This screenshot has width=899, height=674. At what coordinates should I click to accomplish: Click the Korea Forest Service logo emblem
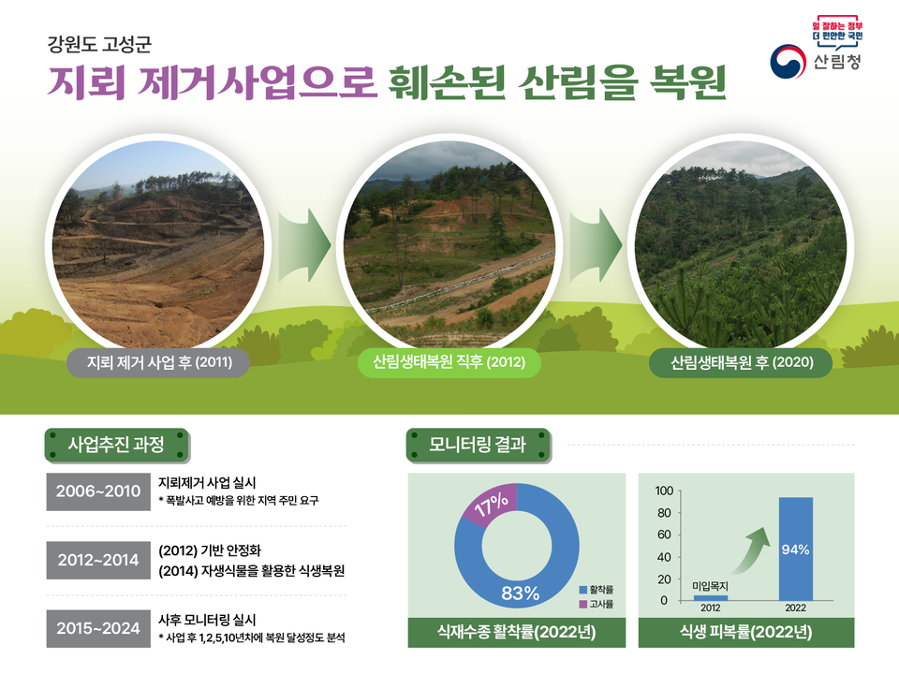(x=788, y=63)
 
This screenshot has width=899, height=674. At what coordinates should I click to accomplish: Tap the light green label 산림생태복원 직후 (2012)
(x=449, y=362)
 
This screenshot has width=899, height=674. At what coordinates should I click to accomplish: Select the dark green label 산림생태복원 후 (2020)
(x=741, y=362)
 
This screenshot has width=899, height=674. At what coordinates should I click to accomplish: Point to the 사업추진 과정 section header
(x=117, y=445)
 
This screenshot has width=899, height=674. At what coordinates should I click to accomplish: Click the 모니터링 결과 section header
(x=478, y=445)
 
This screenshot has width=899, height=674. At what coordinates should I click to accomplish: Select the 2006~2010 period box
(x=98, y=491)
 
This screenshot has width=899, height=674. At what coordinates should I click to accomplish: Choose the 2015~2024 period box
(x=98, y=627)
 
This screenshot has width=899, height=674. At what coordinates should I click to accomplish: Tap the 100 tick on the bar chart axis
(x=664, y=491)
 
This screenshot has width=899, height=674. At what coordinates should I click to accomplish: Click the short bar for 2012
(x=710, y=597)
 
